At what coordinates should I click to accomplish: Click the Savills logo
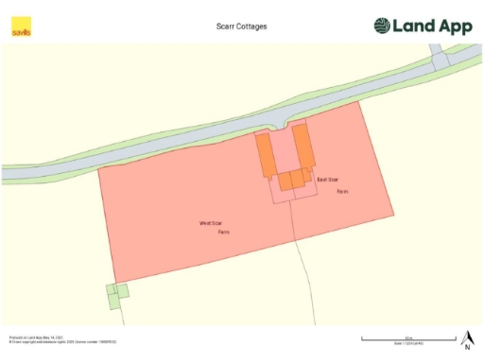coord(21,27)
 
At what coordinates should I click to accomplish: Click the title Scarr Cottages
coord(242,26)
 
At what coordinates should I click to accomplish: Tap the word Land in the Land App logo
coord(416,26)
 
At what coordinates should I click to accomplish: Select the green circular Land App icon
coord(382,26)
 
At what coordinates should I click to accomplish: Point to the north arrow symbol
coord(467,339)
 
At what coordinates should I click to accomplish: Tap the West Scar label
coord(210,223)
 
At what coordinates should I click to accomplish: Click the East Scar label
coord(327,179)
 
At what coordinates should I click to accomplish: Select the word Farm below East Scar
coord(342,191)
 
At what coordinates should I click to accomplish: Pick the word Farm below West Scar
coord(224,232)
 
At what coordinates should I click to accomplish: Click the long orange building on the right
coord(302,147)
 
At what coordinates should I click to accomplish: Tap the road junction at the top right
coord(440,60)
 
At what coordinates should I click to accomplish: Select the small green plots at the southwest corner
coord(115,296)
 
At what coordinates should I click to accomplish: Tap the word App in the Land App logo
coord(455,26)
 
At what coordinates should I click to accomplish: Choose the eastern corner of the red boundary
coord(393,214)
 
